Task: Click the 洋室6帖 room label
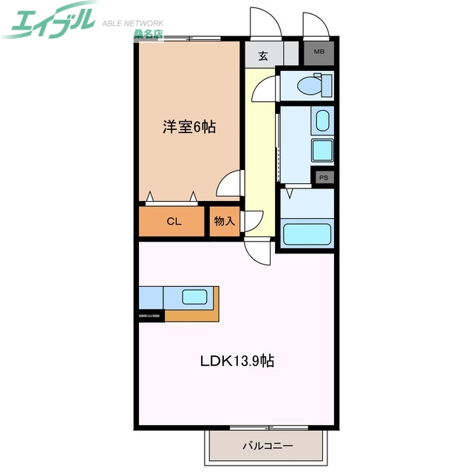[189, 127]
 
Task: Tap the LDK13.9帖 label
[237, 361]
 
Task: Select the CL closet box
[173, 222]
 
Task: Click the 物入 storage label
[225, 221]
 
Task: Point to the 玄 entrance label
[263, 54]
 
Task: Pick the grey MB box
[319, 52]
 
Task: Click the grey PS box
[323, 177]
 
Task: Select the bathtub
[309, 234]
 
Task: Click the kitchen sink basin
[195, 297]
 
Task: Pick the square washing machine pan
[322, 149]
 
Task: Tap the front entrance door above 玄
[265, 23]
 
